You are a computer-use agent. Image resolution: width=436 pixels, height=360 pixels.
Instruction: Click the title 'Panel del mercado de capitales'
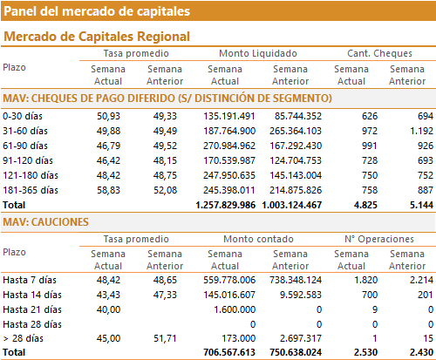coord(97,11)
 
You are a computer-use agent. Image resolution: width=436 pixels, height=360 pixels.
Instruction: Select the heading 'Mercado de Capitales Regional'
coord(97,37)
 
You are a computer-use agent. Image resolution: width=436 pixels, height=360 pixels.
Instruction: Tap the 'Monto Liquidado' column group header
coord(258,53)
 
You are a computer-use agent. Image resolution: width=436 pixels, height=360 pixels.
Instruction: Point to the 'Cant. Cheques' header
coord(379,53)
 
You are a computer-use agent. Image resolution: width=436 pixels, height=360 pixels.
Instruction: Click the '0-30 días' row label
coord(23,116)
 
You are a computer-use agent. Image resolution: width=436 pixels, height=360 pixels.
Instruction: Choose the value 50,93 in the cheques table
coord(108,116)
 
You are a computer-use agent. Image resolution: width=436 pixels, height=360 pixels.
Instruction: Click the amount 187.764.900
coord(229,131)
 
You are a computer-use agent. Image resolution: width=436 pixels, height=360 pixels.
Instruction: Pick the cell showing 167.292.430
coord(296,146)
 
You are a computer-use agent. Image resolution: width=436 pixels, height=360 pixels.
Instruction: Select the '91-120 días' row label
coord(28,160)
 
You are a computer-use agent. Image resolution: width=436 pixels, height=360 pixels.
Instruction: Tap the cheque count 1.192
coord(421,131)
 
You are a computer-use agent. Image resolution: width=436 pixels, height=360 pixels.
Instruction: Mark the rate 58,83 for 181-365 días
coord(108,190)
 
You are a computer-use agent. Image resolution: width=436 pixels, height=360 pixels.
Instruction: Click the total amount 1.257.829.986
coord(226,205)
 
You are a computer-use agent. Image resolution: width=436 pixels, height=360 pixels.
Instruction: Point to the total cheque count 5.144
coord(421,205)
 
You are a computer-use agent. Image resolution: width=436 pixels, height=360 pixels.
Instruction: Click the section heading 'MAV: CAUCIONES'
coord(45,222)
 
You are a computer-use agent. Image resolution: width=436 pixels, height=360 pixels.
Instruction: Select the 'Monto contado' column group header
coord(258,239)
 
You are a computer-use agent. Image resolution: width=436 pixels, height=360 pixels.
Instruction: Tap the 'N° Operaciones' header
coord(379,239)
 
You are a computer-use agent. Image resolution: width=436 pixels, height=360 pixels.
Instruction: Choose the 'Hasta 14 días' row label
coord(32,295)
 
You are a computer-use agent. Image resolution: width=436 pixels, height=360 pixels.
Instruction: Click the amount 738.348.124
coord(296,280)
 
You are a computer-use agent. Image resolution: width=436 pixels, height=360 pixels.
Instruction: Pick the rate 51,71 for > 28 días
coord(165,338)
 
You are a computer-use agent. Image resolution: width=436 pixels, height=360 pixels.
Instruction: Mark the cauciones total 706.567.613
coord(229,352)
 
